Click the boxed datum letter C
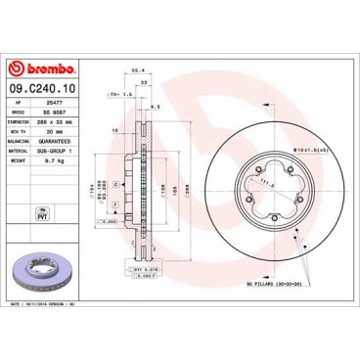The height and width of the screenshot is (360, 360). (115, 184)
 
